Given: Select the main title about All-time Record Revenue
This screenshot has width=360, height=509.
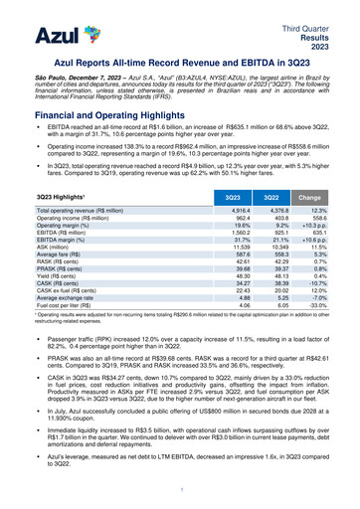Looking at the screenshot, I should click(179, 61).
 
